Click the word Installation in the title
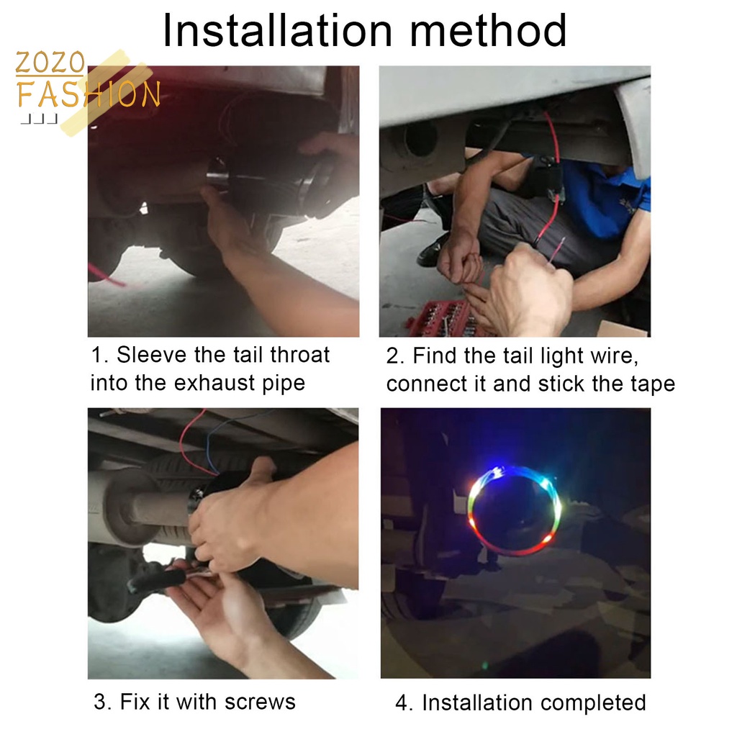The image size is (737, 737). pos(277,31)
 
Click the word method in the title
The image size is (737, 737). pos(489,31)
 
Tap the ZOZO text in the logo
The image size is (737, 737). pos(50,63)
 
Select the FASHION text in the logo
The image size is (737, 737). pos(89,94)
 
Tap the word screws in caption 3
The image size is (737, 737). pos(260,702)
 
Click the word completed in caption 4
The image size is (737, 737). pos(593,703)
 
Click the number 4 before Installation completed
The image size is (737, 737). pos(402,704)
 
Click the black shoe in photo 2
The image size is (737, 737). pos(433,250)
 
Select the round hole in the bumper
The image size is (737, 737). pos(420,139)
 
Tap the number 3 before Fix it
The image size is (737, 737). pos(100,702)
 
